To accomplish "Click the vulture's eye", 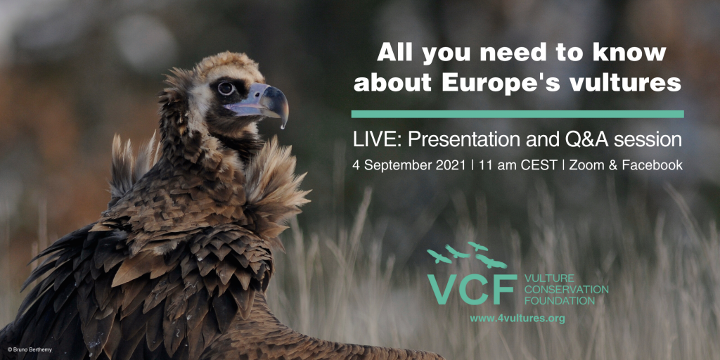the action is (226, 88).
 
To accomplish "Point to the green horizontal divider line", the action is (517, 114).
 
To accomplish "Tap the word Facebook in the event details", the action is (652, 165).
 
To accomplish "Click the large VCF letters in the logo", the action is (472, 289).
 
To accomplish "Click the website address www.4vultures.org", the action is (517, 319).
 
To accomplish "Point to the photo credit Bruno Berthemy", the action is (30, 350).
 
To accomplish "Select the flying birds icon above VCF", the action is (468, 255).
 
